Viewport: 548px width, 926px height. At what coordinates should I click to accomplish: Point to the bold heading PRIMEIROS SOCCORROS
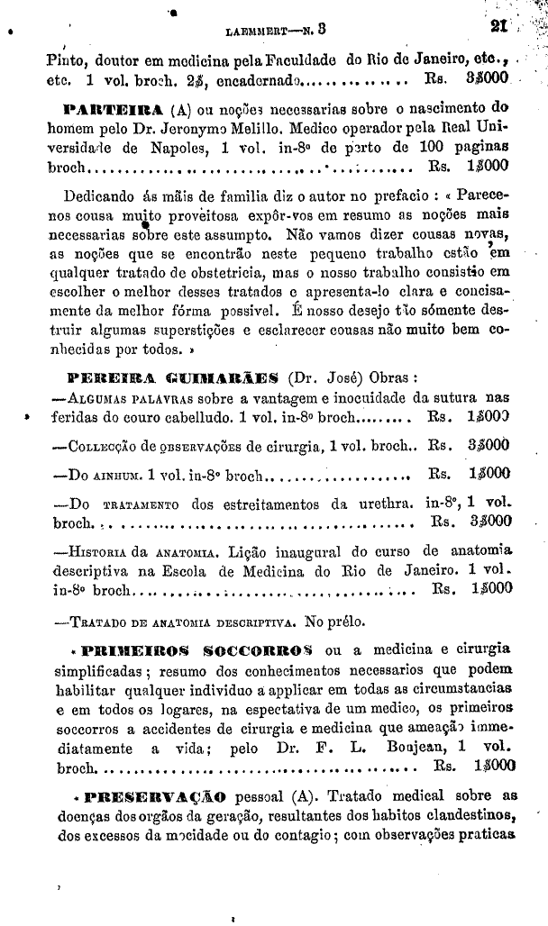point(197,649)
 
